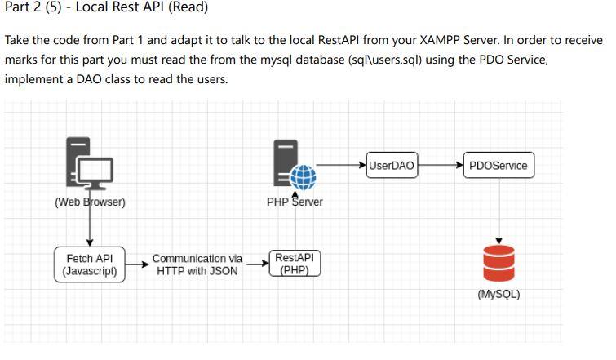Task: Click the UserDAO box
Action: pos(392,166)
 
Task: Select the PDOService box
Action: pos(499,166)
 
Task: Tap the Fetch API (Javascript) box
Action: pos(91,264)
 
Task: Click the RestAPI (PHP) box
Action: pos(295,264)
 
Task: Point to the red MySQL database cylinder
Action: pos(499,262)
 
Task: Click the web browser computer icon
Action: pos(90,164)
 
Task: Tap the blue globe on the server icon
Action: pos(304,177)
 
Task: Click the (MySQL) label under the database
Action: pos(499,295)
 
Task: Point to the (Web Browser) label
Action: pos(90,202)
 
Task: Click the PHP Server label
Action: pos(295,202)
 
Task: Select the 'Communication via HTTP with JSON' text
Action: pos(197,264)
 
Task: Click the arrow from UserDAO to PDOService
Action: pos(441,166)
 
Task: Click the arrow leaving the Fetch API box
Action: pos(139,264)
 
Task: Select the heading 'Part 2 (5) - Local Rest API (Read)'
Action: pos(106,8)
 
